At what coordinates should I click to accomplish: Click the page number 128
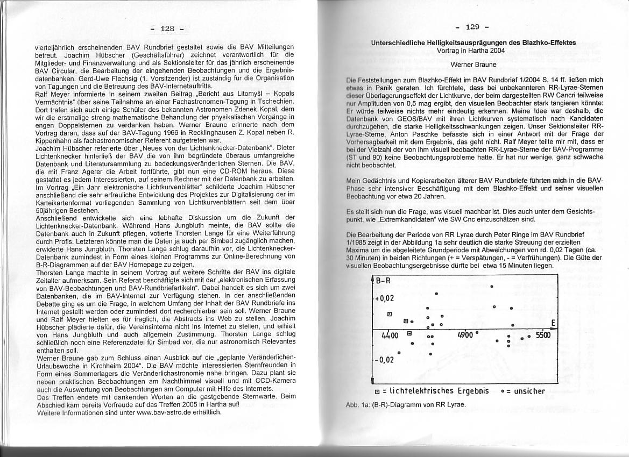(x=168, y=28)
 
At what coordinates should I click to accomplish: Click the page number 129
(x=471, y=27)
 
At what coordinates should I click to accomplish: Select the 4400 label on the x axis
(x=389, y=335)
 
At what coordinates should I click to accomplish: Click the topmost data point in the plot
(x=492, y=286)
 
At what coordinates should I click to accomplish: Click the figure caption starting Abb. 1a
(x=404, y=404)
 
